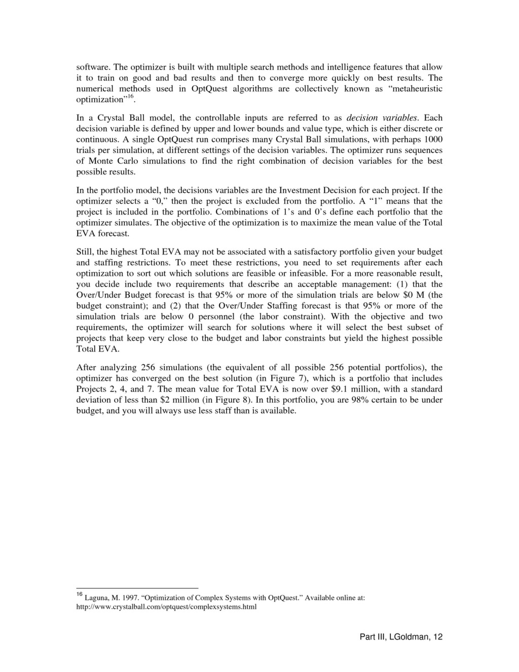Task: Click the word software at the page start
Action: [x=92, y=67]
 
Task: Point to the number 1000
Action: [x=433, y=139]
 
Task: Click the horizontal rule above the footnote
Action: [x=137, y=588]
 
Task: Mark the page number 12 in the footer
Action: [x=438, y=638]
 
